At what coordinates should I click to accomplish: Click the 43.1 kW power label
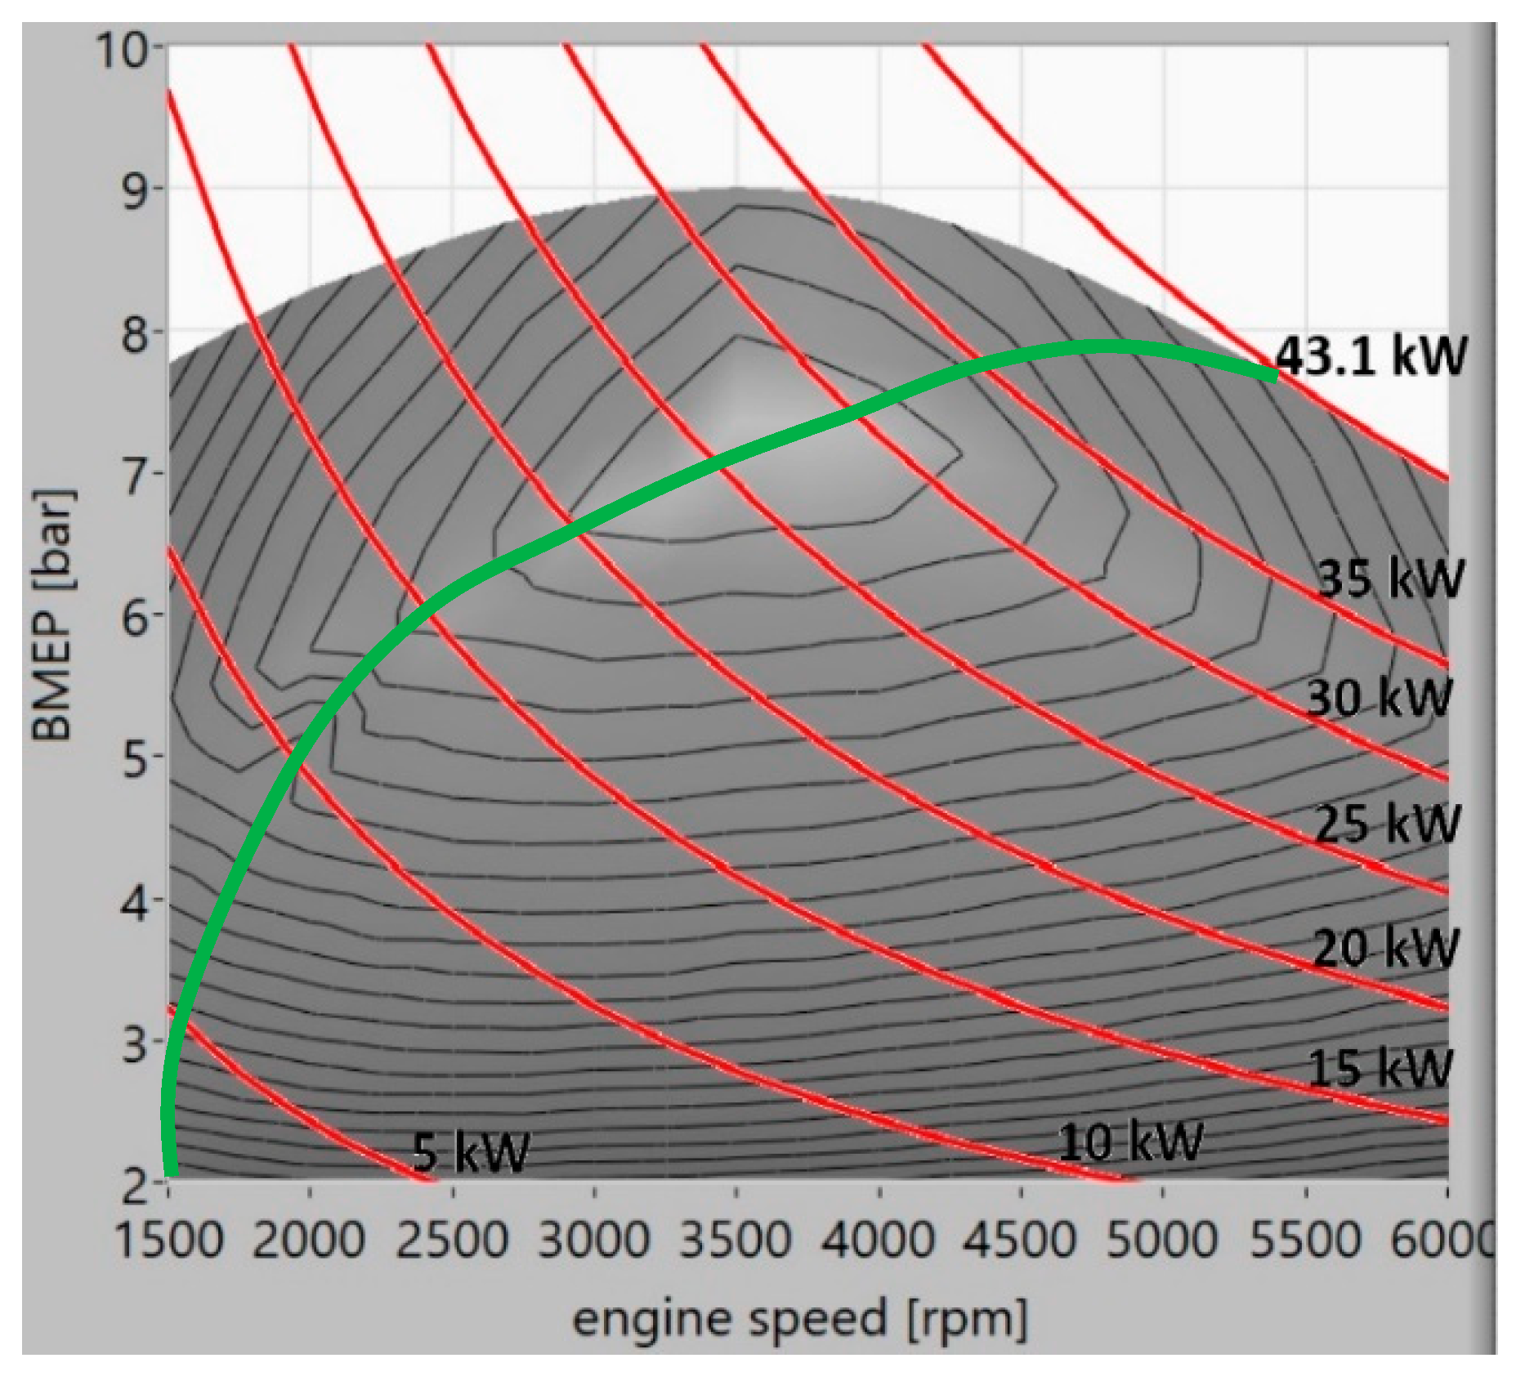(x=1371, y=356)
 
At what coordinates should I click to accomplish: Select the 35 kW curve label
(x=1390, y=579)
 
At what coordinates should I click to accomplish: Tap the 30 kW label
(x=1379, y=698)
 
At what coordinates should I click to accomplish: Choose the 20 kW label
(x=1385, y=948)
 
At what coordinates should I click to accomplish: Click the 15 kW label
(x=1380, y=1067)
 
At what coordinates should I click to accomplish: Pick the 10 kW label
(x=1130, y=1141)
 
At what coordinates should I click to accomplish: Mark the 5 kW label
(x=471, y=1152)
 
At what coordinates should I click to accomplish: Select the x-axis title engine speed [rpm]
(x=799, y=1319)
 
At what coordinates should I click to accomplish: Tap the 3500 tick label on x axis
(x=736, y=1239)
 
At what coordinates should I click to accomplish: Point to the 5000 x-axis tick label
(x=1162, y=1239)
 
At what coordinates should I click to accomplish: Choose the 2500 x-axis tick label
(x=452, y=1239)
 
